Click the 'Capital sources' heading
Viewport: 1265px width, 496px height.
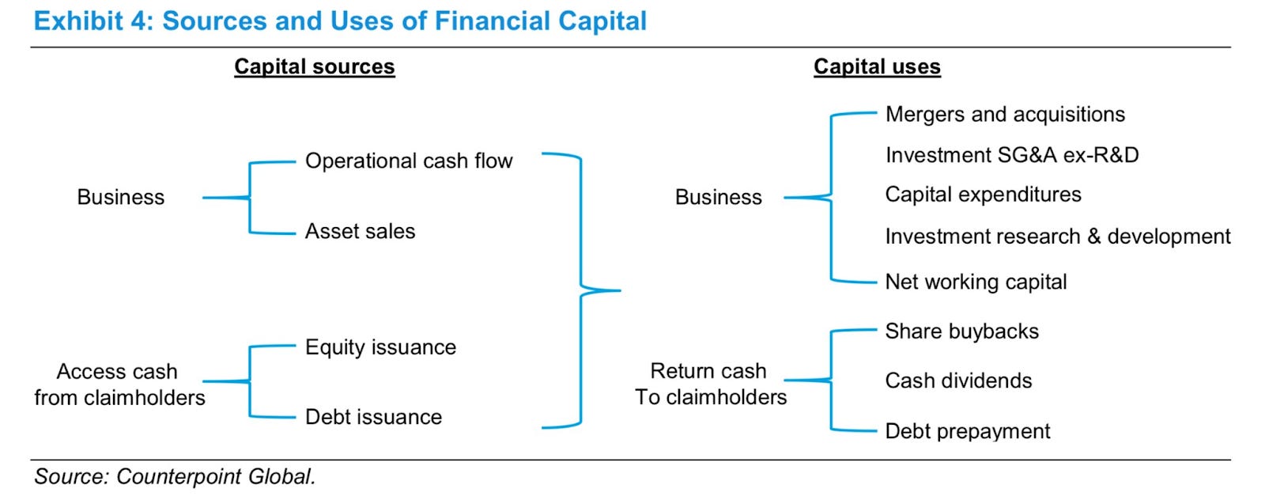point(314,66)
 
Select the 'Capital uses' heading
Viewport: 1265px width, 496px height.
point(877,66)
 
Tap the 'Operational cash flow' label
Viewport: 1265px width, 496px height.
point(409,161)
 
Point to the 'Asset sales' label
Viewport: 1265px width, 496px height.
point(360,231)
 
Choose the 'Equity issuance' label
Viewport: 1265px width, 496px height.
point(380,347)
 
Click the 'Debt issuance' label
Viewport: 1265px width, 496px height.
point(373,417)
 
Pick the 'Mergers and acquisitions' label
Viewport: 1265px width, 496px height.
point(1005,115)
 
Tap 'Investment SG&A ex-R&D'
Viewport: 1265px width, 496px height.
point(1012,155)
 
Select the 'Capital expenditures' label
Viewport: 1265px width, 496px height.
point(983,195)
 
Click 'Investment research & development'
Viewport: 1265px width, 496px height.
point(1058,237)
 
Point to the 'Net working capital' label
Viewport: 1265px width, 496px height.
point(976,282)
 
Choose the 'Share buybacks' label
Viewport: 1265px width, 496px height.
point(961,331)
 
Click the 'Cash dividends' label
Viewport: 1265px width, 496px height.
point(958,381)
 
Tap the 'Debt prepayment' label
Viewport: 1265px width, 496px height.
point(968,431)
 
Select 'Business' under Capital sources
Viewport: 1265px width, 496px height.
point(121,197)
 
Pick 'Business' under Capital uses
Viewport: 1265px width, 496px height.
point(718,197)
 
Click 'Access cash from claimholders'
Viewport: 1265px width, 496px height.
point(119,384)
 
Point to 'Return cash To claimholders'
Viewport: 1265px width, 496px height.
point(710,384)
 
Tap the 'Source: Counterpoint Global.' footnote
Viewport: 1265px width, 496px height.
point(175,477)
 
